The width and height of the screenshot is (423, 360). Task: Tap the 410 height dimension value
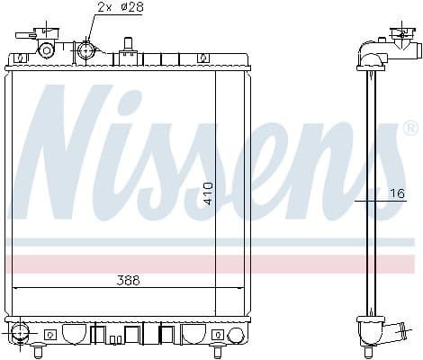coord(209,193)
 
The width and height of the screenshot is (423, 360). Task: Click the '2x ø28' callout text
coord(120,8)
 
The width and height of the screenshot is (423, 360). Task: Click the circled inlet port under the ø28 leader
coord(86,49)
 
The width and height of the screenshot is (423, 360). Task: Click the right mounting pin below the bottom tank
coord(219,349)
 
